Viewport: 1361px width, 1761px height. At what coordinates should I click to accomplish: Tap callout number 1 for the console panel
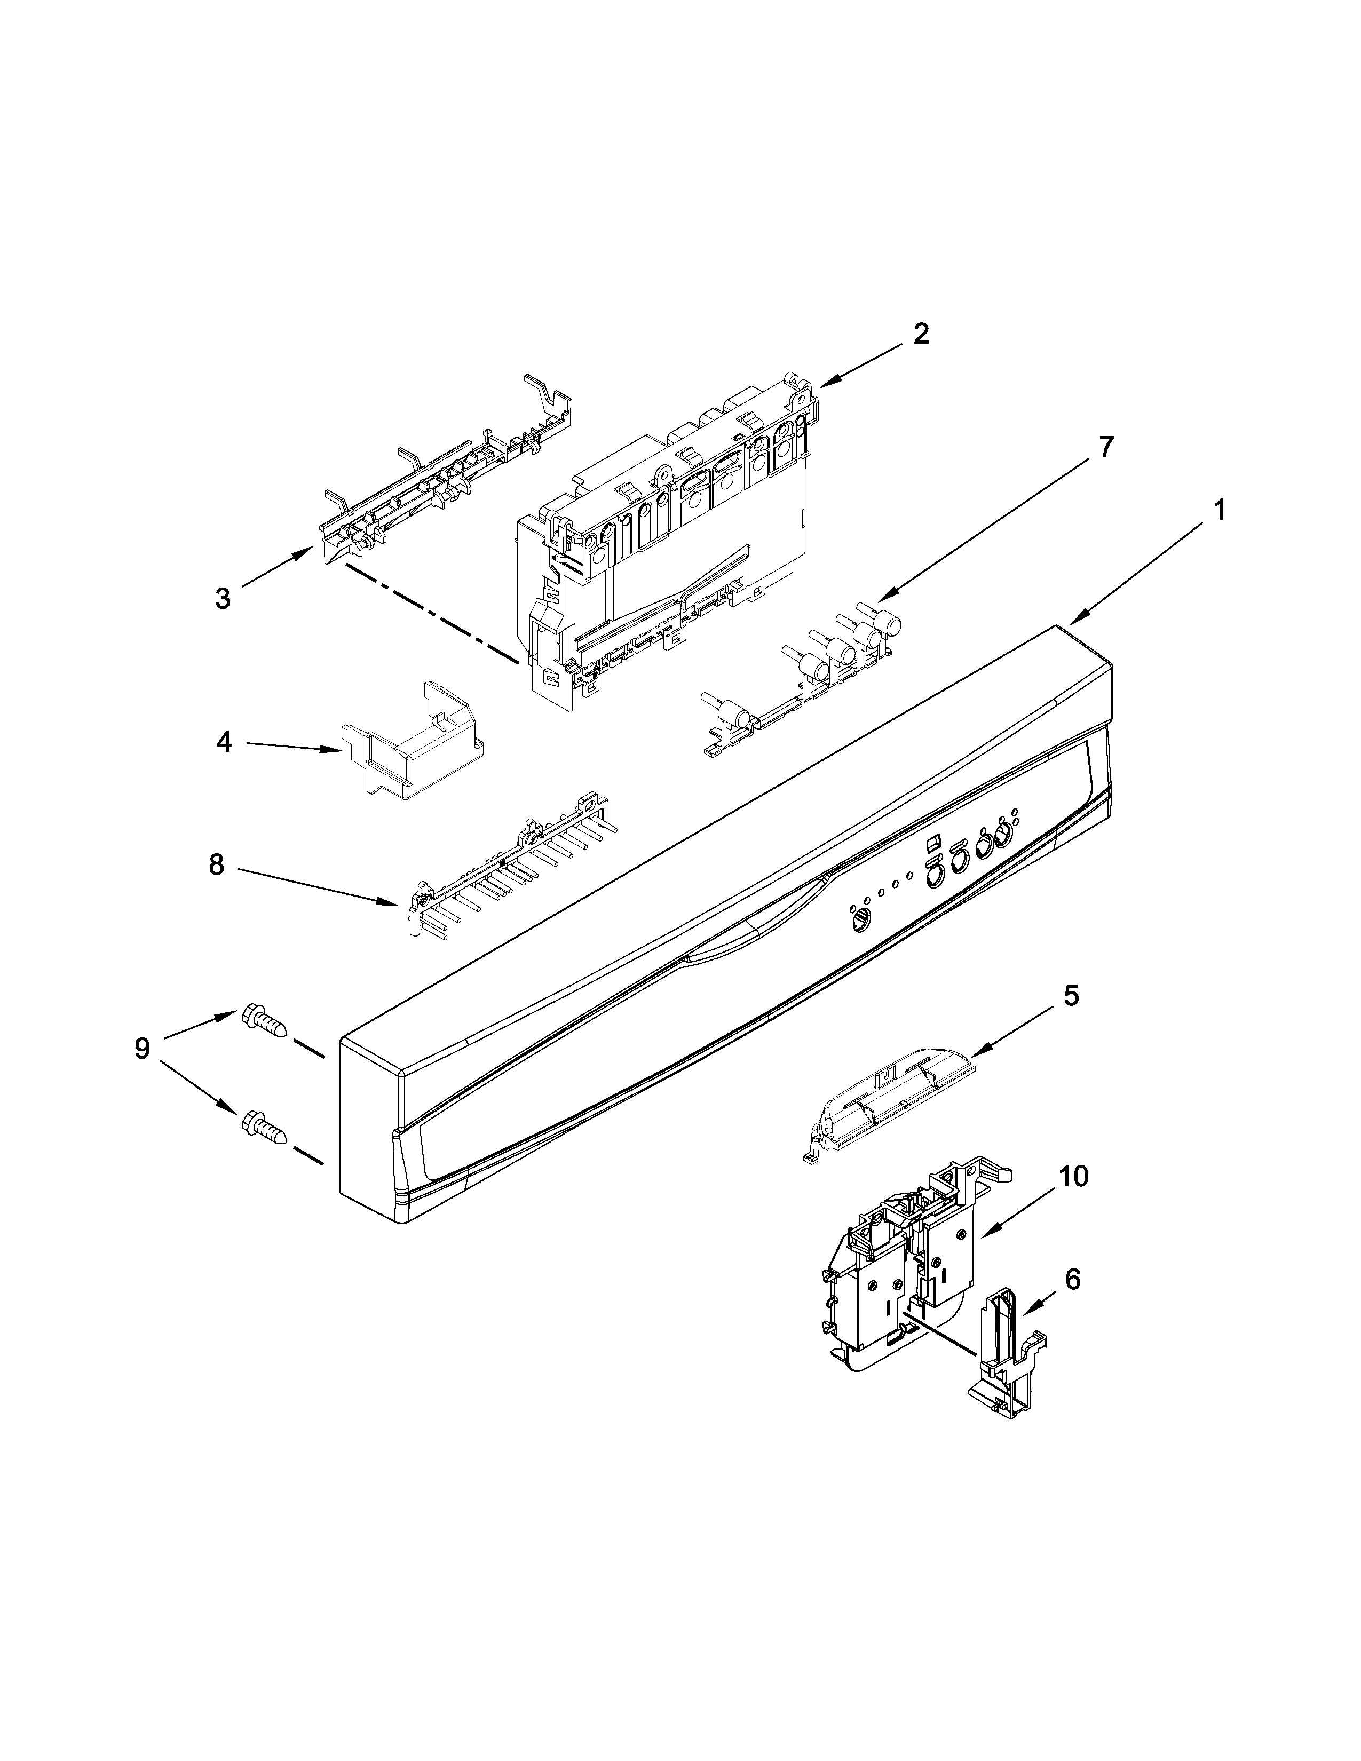tap(1220, 510)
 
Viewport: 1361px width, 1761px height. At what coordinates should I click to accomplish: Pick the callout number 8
tap(216, 864)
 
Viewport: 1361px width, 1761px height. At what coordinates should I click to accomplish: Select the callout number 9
tap(142, 1048)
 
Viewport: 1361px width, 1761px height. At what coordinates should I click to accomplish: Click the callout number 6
tap(1072, 1280)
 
